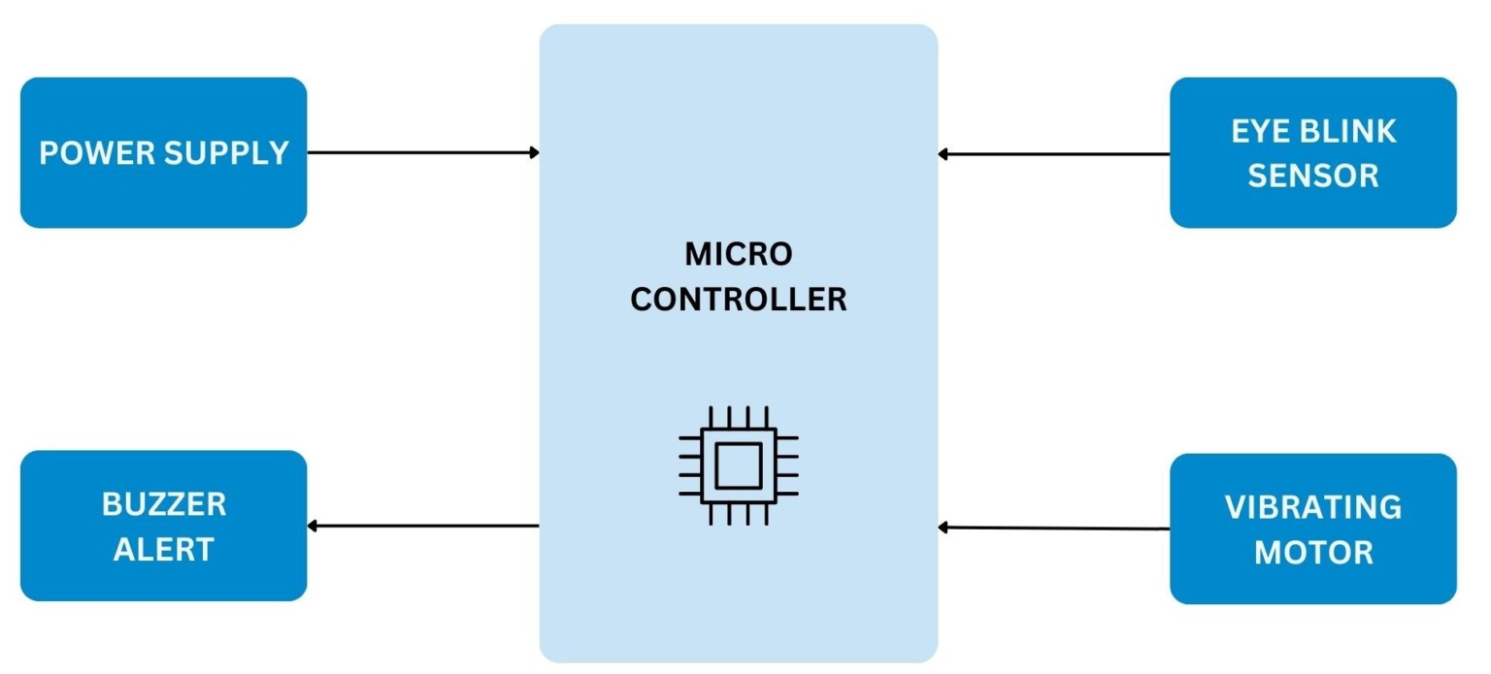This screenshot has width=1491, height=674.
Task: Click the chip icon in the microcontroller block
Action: [x=738, y=465]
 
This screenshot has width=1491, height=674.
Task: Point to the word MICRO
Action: [x=738, y=254]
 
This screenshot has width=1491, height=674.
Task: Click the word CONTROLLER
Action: [x=738, y=299]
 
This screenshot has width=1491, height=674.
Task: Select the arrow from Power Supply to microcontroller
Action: [x=422, y=152]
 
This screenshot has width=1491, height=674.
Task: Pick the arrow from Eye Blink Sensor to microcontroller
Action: [x=1053, y=153]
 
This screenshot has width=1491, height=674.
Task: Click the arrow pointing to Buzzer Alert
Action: [x=422, y=526]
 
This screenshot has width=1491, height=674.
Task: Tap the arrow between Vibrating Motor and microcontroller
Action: [x=1053, y=528]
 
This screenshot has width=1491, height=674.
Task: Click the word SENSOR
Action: [x=1312, y=176]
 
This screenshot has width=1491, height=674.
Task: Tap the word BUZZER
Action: [x=163, y=504]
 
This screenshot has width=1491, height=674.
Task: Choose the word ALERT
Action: [x=163, y=550]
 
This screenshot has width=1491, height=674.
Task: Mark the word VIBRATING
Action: [x=1312, y=507]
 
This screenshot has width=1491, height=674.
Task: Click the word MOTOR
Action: [x=1312, y=553]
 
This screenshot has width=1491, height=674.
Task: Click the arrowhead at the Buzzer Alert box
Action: [x=313, y=526]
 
